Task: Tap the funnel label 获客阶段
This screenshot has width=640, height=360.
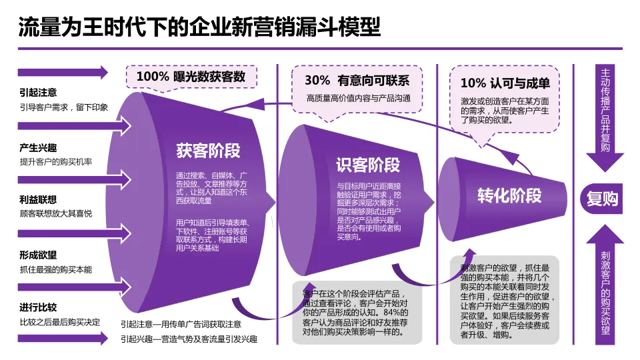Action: pyautogui.click(x=207, y=151)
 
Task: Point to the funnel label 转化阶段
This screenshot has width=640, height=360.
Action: pyautogui.click(x=509, y=195)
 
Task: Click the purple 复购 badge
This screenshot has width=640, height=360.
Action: pyautogui.click(x=602, y=198)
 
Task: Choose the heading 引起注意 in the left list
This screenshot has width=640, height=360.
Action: pyautogui.click(x=39, y=93)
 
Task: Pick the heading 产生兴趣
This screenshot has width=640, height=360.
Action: pyautogui.click(x=39, y=148)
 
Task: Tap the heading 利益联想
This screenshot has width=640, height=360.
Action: pyautogui.click(x=39, y=199)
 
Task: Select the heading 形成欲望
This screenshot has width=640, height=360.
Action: pyautogui.click(x=39, y=255)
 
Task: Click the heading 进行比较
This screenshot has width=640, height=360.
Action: pyautogui.click(x=39, y=307)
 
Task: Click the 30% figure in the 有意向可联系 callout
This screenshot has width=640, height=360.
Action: pyautogui.click(x=317, y=81)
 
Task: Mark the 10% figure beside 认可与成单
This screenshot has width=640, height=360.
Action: pyautogui.click(x=473, y=83)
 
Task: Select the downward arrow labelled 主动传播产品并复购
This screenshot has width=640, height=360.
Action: pyautogui.click(x=605, y=117)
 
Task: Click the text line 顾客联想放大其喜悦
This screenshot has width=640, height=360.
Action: pyautogui.click(x=56, y=213)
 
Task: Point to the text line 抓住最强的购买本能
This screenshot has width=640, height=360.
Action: pyautogui.click(x=56, y=269)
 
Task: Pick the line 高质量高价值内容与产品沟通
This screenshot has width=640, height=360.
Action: pyautogui.click(x=358, y=99)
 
